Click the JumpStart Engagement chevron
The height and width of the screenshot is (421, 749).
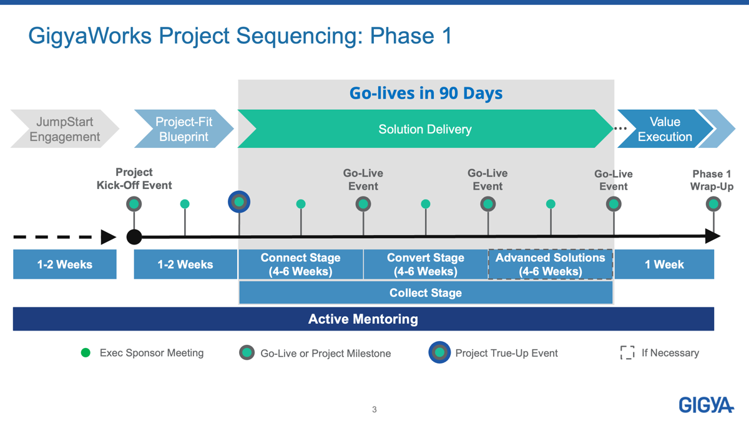(64, 128)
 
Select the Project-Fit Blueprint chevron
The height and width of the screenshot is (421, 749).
(184, 128)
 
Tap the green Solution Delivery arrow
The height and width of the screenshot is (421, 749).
(425, 128)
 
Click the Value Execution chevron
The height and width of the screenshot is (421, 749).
(665, 128)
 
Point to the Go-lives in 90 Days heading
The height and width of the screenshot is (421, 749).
(426, 93)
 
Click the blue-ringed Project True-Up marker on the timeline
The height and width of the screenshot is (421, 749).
(239, 202)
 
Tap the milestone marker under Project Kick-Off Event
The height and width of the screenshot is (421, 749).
(134, 204)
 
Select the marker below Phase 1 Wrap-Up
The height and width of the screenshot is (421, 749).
(713, 204)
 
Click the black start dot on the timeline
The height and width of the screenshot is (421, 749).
(134, 237)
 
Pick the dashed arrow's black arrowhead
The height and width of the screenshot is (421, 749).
(109, 237)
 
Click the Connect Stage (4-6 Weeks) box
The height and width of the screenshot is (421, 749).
(301, 264)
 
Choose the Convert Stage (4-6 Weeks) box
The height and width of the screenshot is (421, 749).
(426, 264)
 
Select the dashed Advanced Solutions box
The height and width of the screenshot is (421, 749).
(551, 264)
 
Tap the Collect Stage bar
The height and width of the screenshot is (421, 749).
(426, 293)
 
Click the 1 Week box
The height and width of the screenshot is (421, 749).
(664, 264)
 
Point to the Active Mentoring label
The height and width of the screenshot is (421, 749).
(363, 319)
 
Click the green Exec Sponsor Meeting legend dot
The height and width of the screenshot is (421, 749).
(86, 352)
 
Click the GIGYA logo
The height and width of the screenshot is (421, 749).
(706, 405)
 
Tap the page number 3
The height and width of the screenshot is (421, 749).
(374, 409)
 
